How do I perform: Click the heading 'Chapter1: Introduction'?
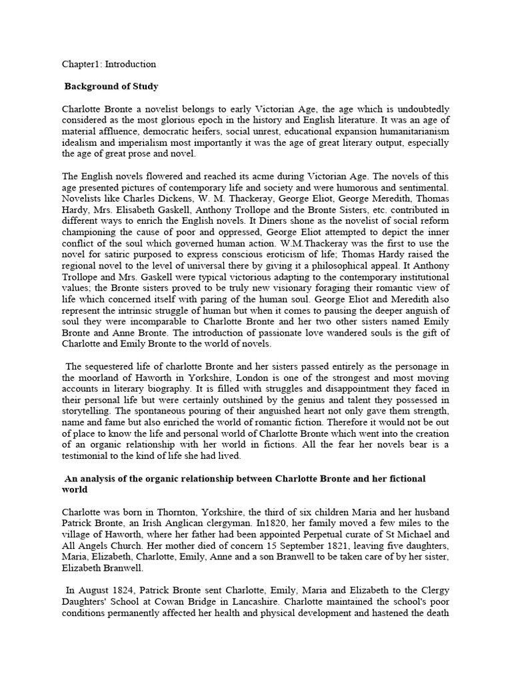point(109,65)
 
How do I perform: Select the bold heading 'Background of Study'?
point(111,87)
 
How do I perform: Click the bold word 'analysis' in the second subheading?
point(100,479)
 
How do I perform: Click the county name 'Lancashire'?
point(236,601)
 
